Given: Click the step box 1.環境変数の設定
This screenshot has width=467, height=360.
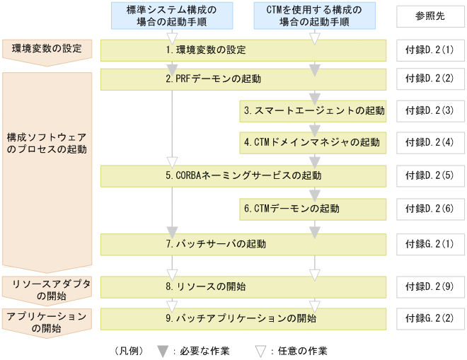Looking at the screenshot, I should click(x=243, y=50).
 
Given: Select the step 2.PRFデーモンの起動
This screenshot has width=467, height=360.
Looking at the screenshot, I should click(x=243, y=79).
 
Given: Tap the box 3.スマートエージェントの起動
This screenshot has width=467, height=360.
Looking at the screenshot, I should click(x=313, y=110).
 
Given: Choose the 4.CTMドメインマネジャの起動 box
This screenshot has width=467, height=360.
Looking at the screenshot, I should click(x=313, y=142).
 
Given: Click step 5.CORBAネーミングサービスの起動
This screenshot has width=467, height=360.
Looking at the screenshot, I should click(x=243, y=174).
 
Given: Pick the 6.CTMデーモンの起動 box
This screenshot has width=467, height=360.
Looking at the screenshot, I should click(x=313, y=209).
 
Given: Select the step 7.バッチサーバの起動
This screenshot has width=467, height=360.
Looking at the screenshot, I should click(x=243, y=244).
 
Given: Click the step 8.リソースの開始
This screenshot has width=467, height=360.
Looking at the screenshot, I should click(x=243, y=286).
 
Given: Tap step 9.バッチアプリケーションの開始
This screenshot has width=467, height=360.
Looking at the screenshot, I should click(x=243, y=318).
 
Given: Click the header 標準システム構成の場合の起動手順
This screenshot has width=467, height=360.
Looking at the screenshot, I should click(x=171, y=16).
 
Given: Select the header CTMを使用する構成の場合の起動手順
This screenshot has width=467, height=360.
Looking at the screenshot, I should click(x=313, y=16).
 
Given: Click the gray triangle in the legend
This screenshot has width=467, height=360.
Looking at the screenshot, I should click(x=162, y=350).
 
